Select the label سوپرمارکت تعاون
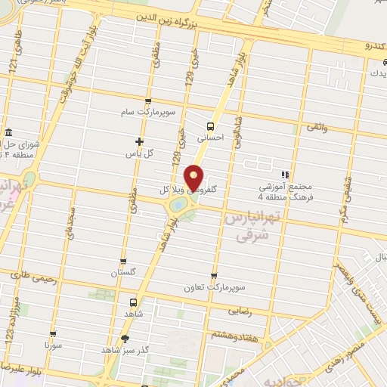point(215,287)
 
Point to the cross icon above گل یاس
point(138,141)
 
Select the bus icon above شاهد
point(134,300)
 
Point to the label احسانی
point(211,139)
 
